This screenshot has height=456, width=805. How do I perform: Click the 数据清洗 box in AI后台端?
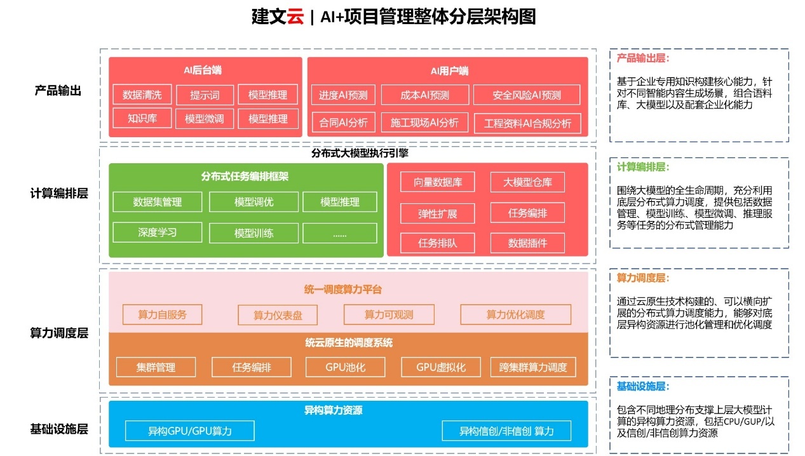(x=142, y=95)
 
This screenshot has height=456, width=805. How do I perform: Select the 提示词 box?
(x=205, y=95)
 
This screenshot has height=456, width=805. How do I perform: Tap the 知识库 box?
(x=142, y=118)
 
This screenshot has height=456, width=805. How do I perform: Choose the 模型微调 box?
(x=205, y=118)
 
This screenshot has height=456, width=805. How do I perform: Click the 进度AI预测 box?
(x=344, y=95)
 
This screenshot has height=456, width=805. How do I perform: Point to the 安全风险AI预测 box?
(x=527, y=95)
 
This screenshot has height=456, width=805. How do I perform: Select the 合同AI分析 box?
(x=344, y=123)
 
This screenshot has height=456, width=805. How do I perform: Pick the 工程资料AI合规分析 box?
(x=527, y=123)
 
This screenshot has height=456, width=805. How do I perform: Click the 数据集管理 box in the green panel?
(x=158, y=202)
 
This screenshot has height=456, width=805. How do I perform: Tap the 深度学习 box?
(x=158, y=232)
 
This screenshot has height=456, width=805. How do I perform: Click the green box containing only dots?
(x=339, y=233)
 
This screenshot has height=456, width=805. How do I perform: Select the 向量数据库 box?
(x=438, y=182)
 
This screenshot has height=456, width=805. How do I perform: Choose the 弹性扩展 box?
(x=438, y=213)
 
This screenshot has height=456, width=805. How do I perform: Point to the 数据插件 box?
(x=527, y=243)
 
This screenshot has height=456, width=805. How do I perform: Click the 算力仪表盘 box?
(x=278, y=315)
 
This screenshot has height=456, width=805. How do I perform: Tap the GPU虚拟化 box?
(x=441, y=367)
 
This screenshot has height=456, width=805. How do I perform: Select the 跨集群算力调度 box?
(x=533, y=367)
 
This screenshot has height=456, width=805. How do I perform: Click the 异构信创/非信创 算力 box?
(x=506, y=431)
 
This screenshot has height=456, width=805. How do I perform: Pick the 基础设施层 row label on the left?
(x=59, y=429)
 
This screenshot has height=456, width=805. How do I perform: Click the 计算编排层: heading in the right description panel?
(x=642, y=167)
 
